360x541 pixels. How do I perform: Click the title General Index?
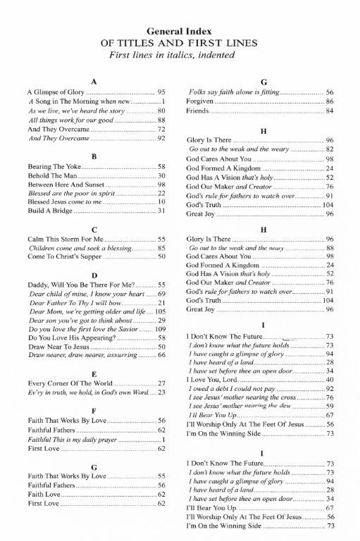(x=180, y=32)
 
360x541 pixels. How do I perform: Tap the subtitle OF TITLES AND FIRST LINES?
(x=180, y=43)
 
